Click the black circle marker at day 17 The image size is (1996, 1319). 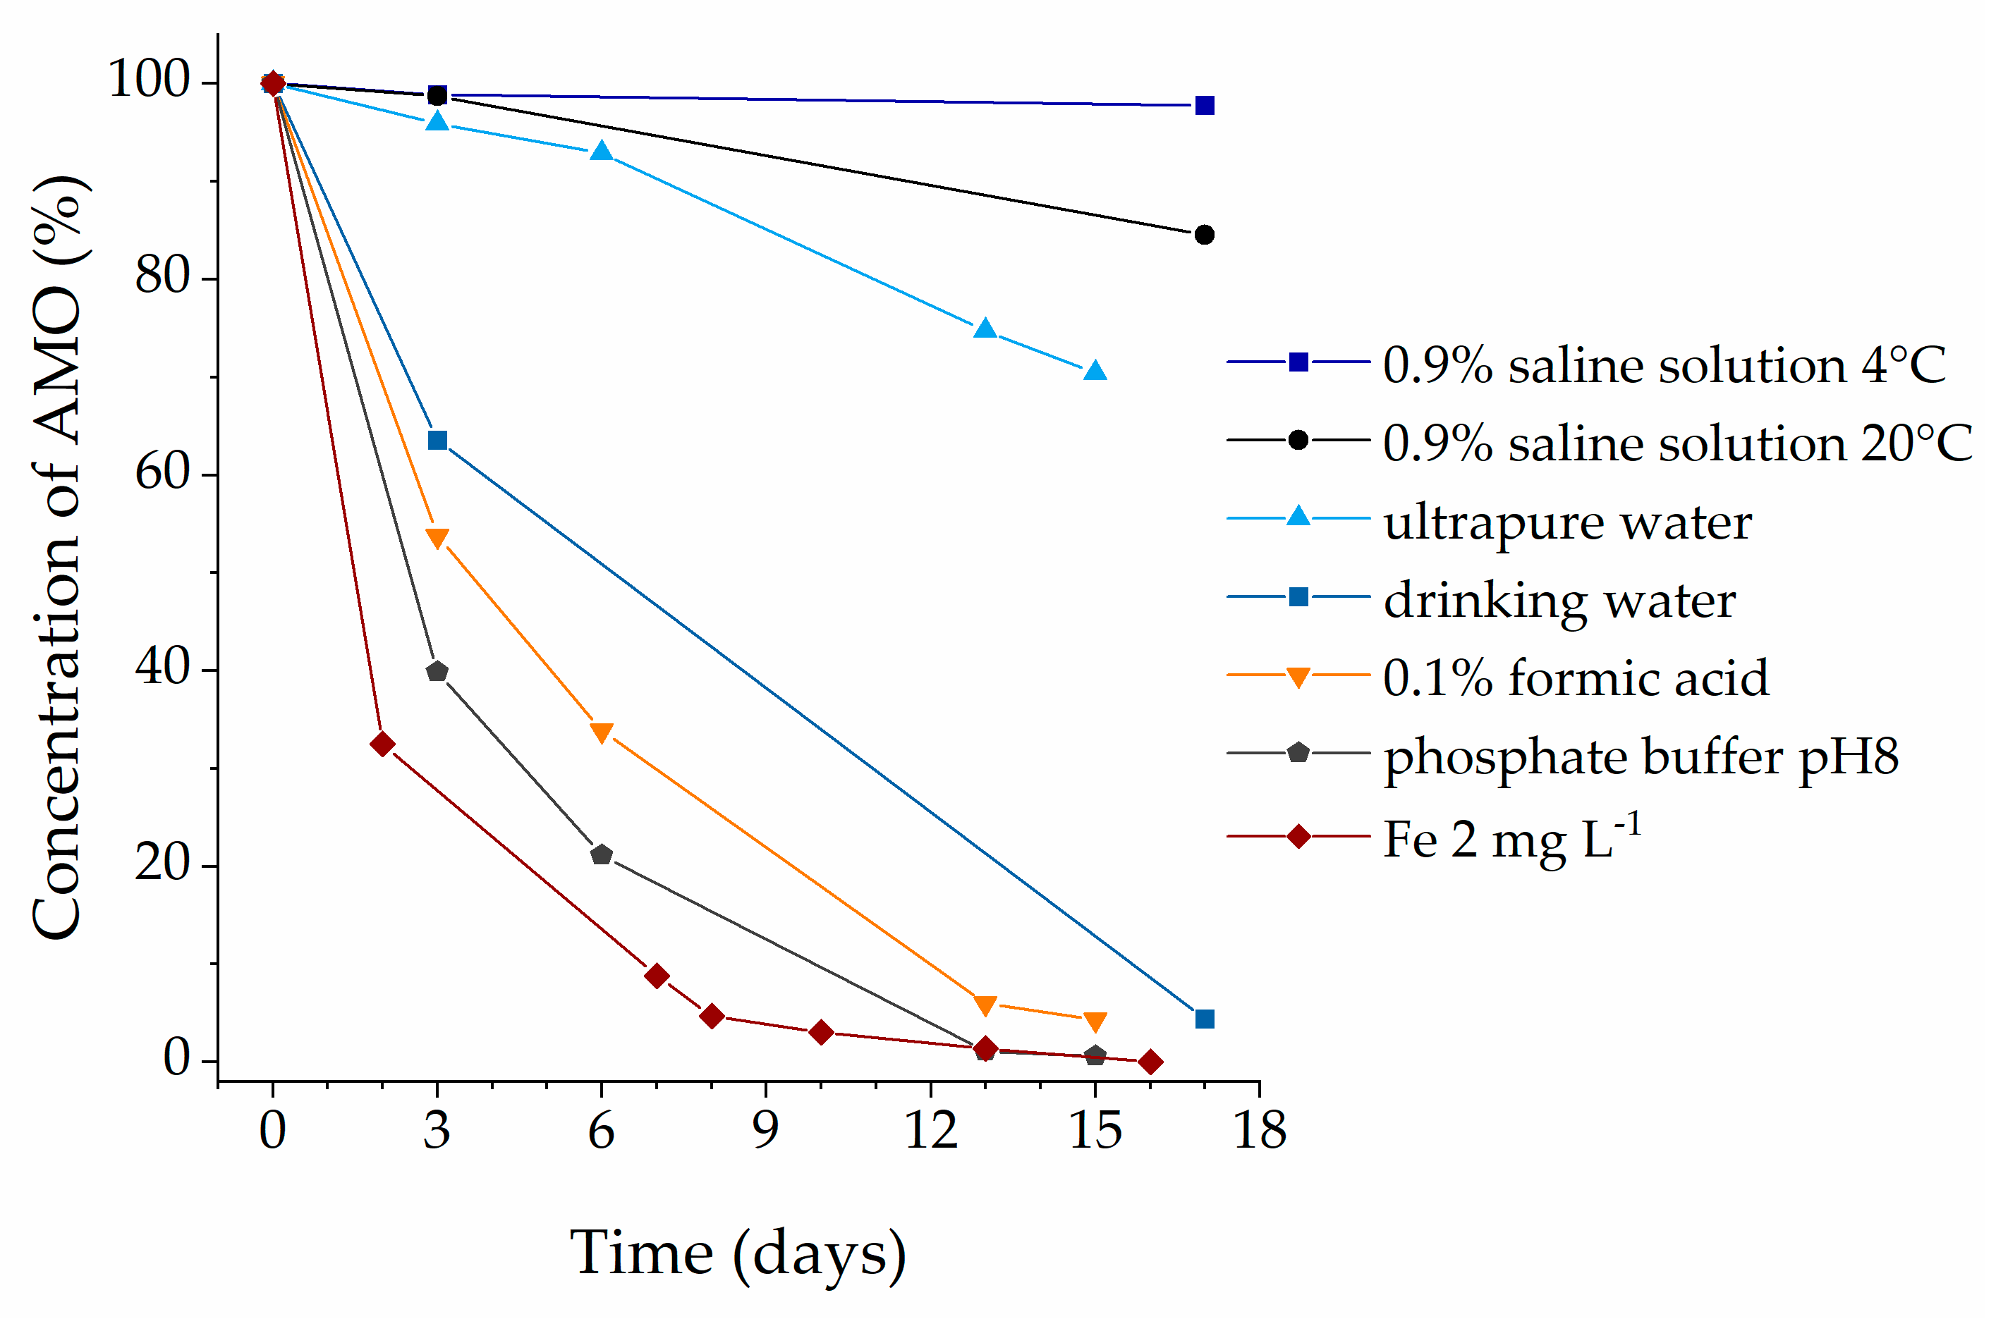point(1204,235)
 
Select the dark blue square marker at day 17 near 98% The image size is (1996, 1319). point(1204,105)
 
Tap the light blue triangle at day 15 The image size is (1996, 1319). point(1095,371)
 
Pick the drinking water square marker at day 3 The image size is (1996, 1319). point(437,440)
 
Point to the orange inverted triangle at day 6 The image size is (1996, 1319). point(601,732)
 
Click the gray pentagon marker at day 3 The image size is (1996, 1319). point(437,671)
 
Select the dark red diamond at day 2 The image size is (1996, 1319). point(382,744)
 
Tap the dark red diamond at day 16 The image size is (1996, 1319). point(1150,1062)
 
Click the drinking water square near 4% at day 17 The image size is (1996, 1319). point(1204,1019)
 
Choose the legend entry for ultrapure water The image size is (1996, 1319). point(1567,522)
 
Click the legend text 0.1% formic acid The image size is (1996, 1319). point(1575,678)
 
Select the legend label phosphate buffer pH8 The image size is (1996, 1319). point(1641,756)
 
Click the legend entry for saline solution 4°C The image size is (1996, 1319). point(1663,365)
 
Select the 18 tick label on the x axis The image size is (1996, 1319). point(1259,1130)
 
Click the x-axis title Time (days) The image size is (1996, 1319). point(737,1253)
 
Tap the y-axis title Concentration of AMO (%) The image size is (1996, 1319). point(57,557)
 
